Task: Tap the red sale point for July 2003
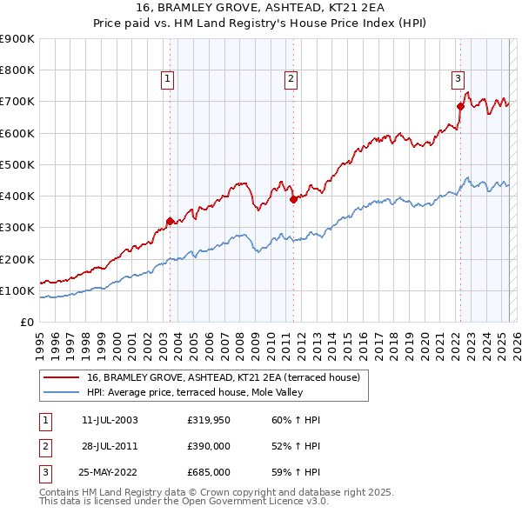(x=170, y=221)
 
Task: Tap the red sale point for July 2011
(x=293, y=199)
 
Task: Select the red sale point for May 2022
(x=460, y=106)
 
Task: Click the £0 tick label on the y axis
(x=25, y=322)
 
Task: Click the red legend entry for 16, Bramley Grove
(x=228, y=376)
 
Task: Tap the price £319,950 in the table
(x=208, y=420)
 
